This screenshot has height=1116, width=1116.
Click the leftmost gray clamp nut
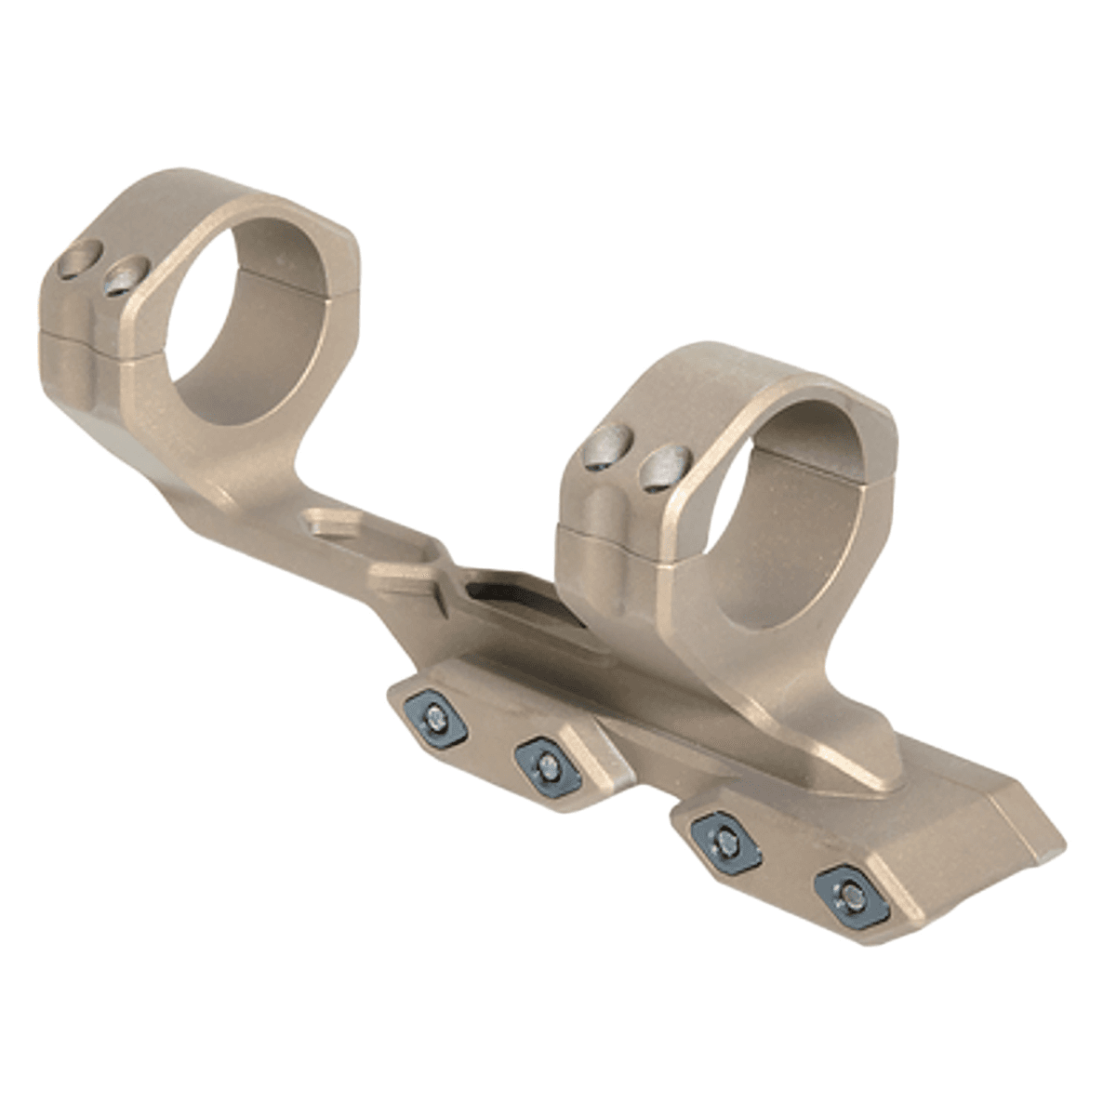click(436, 715)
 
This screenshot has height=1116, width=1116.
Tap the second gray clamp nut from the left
click(549, 765)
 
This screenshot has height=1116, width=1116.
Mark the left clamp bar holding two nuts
click(493, 735)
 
